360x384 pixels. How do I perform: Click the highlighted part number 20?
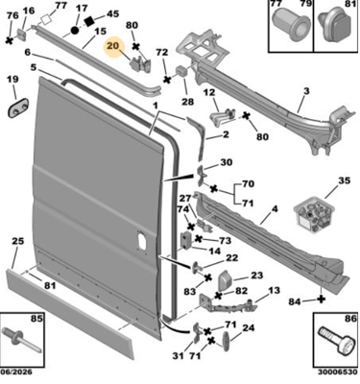click(113, 46)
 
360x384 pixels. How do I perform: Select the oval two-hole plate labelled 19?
click(18, 108)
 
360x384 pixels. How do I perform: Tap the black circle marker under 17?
click(75, 31)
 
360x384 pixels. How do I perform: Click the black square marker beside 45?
click(90, 21)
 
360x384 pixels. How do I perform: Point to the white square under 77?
click(47, 19)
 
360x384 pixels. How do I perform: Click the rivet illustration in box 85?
click(21, 340)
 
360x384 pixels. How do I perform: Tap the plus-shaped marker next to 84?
click(322, 300)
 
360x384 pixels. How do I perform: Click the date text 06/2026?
click(16, 372)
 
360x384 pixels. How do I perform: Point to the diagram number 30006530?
click(337, 372)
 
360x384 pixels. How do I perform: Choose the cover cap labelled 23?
click(226, 281)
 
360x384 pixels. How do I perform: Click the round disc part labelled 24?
click(226, 342)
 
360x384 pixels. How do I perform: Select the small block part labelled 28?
click(181, 71)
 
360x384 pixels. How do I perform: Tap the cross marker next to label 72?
click(167, 80)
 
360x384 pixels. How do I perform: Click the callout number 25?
click(18, 241)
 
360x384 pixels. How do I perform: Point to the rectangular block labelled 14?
click(186, 240)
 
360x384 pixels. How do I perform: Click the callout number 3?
click(306, 91)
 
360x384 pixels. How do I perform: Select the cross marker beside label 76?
click(10, 40)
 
